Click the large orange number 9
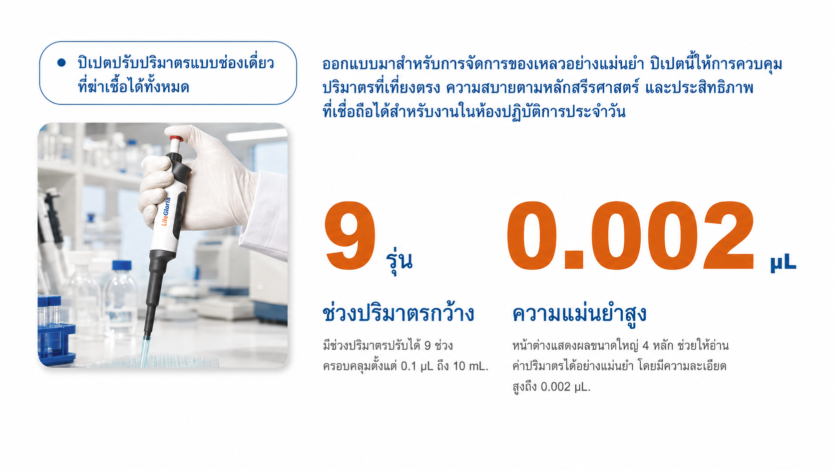coord(350,236)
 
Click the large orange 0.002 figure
coord(630,236)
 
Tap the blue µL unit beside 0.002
coord(783,264)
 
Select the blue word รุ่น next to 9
coord(399,261)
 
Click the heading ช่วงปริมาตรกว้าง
coord(398,313)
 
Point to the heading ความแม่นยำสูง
coord(579,314)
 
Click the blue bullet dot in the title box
coord(61,62)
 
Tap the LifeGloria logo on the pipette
coord(165,211)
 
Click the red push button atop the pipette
coord(176,138)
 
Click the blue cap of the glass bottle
coord(122,265)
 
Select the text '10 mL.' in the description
coord(470,367)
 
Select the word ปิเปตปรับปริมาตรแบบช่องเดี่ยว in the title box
coord(176,62)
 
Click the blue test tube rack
coord(56,336)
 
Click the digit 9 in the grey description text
coord(427,346)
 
